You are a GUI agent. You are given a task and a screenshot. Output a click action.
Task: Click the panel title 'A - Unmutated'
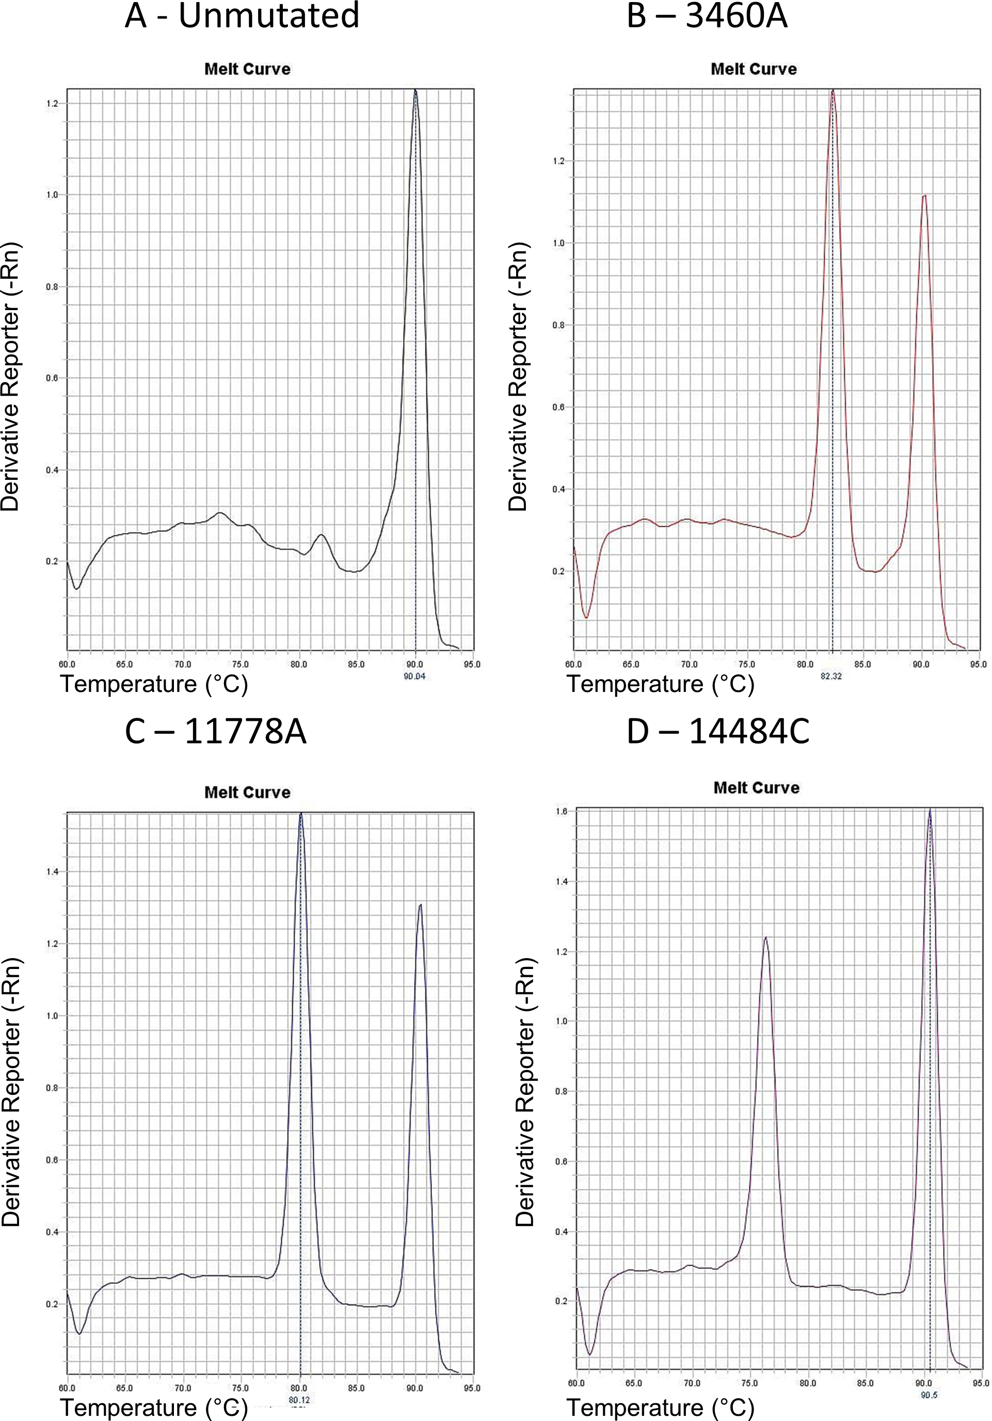[x=242, y=16]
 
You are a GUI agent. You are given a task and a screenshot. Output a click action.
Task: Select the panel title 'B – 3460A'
[x=707, y=16]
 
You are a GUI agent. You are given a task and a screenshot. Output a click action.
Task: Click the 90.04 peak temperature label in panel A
[x=414, y=676]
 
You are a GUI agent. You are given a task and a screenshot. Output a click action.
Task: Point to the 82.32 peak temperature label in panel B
[x=831, y=676]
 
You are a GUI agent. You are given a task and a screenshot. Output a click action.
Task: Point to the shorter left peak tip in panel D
[x=765, y=937]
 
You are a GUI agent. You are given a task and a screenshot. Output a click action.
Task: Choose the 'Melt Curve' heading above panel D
[x=756, y=787]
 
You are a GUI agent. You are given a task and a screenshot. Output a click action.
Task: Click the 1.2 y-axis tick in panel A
[x=52, y=103]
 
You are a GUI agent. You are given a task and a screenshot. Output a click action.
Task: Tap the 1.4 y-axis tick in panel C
[x=52, y=871]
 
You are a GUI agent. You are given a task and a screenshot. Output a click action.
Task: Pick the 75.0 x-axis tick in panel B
[x=747, y=665]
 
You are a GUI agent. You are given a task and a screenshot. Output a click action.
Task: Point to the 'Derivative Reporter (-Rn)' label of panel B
[x=518, y=376]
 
